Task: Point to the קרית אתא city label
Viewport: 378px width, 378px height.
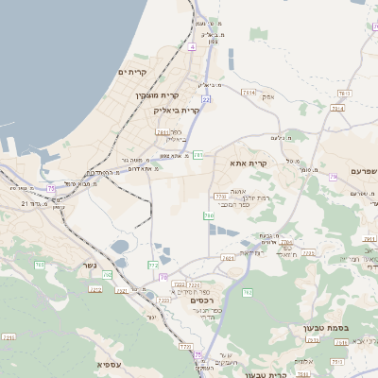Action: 249,163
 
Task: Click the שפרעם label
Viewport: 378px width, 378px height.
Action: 360,171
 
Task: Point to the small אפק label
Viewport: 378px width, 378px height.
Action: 268,96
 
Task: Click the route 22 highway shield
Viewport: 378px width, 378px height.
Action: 205,99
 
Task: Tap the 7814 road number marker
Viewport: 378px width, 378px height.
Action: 249,93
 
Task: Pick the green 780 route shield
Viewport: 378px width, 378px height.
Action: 208,216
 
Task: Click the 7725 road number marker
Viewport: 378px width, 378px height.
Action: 309,253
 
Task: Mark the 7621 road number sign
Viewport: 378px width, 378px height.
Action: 228,257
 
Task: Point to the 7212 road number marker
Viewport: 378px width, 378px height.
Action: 95,289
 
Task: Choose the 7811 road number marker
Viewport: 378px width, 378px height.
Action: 163,132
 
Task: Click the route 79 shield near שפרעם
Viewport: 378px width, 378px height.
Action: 334,177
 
